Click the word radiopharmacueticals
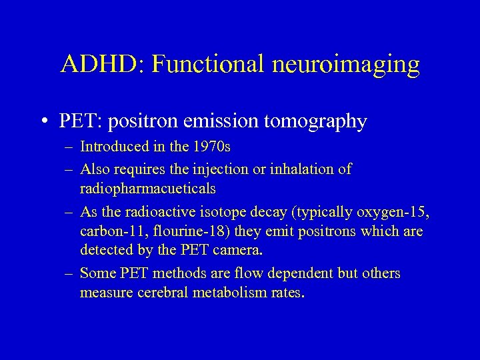[147, 189]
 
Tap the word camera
[244, 251]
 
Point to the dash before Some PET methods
[69, 274]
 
